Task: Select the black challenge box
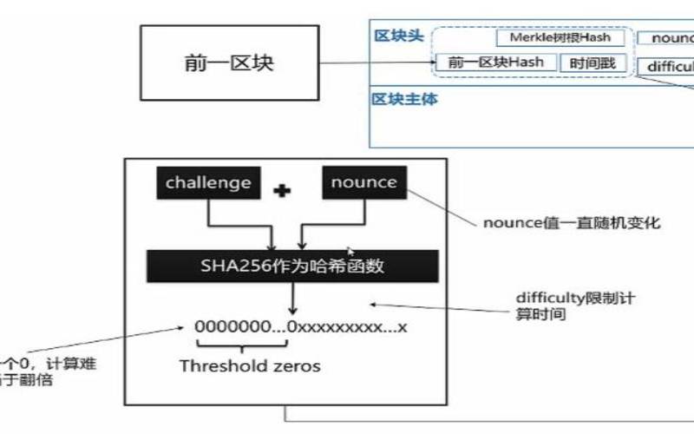[x=208, y=183]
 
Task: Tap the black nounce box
[x=363, y=183]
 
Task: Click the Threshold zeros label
[x=249, y=365]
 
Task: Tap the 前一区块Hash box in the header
[x=496, y=62]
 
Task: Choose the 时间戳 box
[x=592, y=63]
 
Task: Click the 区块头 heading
[x=398, y=36]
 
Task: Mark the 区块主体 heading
[x=404, y=99]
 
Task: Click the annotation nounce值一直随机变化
[x=571, y=224]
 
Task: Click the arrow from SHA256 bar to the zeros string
[x=295, y=299]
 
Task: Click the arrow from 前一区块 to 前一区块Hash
[x=382, y=63]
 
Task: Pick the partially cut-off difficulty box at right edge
[x=669, y=66]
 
